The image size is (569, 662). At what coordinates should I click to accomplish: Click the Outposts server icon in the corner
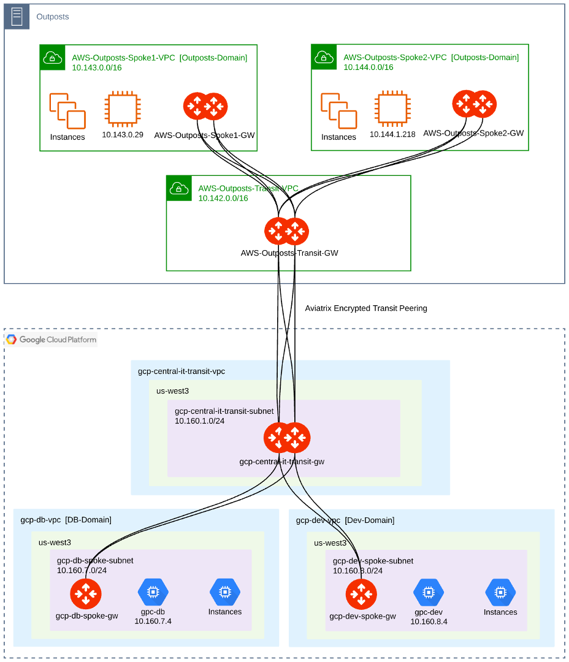[17, 17]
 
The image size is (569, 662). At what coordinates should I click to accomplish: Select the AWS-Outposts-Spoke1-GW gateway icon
[205, 107]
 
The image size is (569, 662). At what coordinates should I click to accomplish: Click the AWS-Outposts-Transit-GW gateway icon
[286, 232]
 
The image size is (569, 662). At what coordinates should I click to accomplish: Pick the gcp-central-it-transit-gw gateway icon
[287, 438]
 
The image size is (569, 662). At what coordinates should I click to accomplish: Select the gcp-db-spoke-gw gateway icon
[86, 593]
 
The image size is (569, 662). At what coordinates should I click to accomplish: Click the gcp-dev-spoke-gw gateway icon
[361, 593]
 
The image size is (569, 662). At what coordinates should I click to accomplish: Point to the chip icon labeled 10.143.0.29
[122, 110]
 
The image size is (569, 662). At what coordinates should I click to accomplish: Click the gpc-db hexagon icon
[153, 592]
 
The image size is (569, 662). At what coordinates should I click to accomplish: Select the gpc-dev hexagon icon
[429, 592]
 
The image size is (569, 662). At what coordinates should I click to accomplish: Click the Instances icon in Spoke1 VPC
[67, 111]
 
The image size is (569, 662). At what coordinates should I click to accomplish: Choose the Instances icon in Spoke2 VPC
[338, 111]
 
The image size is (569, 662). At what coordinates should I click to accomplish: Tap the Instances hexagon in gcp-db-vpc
[225, 592]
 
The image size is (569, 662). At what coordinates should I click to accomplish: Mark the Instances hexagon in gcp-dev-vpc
[500, 592]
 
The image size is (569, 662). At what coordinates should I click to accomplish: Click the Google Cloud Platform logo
[52, 340]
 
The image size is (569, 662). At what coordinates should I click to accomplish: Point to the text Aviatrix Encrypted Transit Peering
[366, 308]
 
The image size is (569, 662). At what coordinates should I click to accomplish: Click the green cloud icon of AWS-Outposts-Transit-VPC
[179, 188]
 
